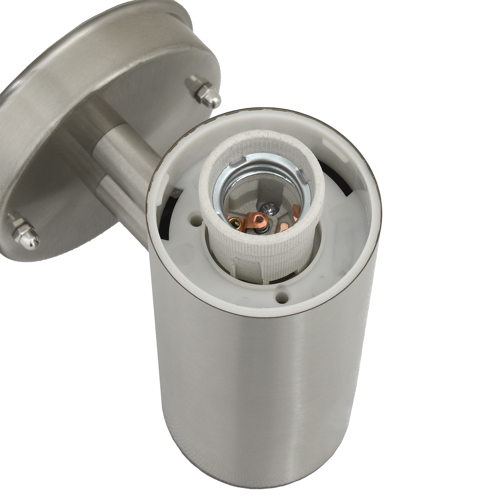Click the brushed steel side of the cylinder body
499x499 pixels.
[265, 405]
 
